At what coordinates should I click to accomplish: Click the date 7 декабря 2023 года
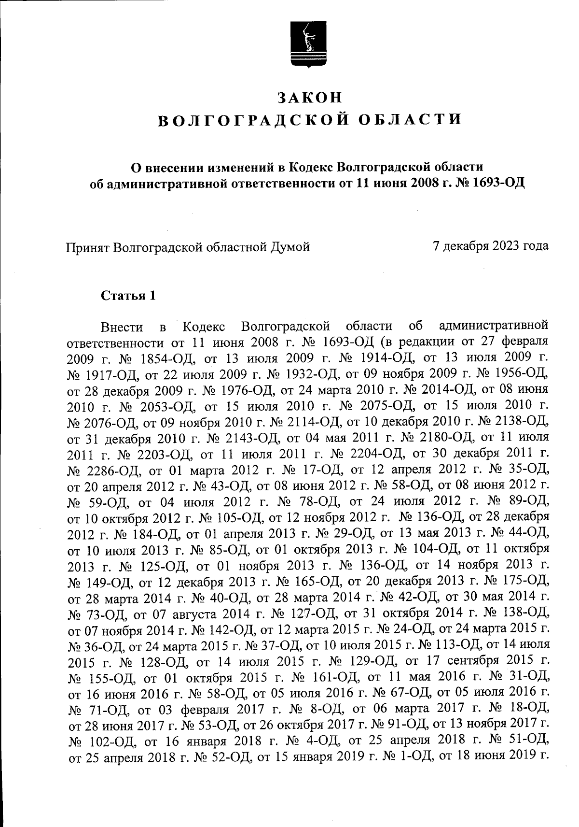(x=491, y=246)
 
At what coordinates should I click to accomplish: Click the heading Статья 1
(x=128, y=296)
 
